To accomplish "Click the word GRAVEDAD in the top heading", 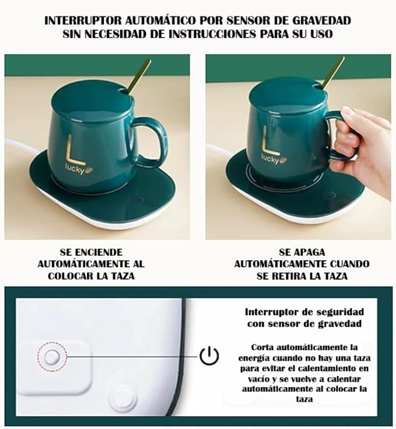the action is [322, 20].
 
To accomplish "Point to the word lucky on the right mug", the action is [270, 158].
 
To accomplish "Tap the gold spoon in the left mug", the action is [138, 76].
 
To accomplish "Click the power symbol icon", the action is [209, 355].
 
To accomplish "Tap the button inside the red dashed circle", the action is [52, 357].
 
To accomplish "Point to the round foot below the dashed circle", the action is [122, 400].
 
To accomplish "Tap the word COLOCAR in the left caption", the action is [71, 275].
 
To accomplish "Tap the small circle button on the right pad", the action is [330, 196].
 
